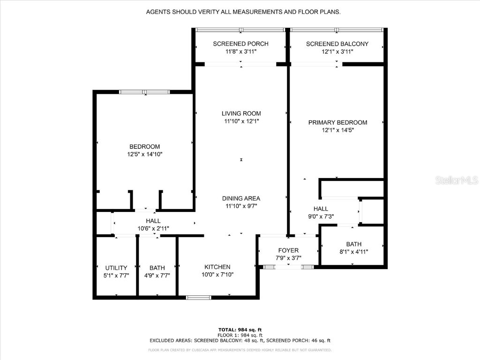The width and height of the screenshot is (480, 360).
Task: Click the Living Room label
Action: tap(241, 113)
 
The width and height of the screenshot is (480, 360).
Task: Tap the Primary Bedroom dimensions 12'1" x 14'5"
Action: tap(337, 130)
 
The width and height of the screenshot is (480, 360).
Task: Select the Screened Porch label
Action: tap(240, 44)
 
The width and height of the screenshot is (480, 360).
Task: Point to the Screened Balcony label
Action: tap(337, 44)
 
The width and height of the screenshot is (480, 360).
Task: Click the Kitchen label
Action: tap(217, 267)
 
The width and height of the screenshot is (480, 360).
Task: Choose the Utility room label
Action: tap(116, 268)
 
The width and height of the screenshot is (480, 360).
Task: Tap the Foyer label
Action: tap(288, 250)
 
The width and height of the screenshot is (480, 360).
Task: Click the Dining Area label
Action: tap(241, 198)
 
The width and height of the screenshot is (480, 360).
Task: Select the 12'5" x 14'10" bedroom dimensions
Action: tap(145, 154)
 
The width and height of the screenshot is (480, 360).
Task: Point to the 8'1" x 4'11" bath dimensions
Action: tap(354, 252)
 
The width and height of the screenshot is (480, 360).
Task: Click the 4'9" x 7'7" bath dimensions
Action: tap(157, 276)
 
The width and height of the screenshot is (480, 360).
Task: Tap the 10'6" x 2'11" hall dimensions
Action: tap(153, 229)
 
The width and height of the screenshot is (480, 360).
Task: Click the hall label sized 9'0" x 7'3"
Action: tap(321, 209)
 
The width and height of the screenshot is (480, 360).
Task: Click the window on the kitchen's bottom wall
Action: tap(199, 297)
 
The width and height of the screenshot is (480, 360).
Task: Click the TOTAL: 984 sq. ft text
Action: tap(240, 329)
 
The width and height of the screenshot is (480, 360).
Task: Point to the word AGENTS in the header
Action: tap(159, 12)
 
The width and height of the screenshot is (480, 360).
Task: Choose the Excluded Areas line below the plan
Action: tap(240, 340)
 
